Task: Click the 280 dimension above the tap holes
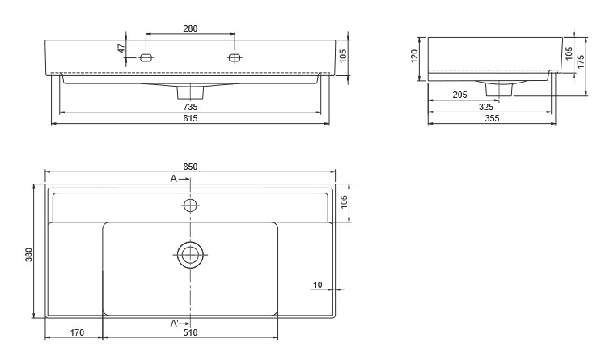click(x=190, y=28)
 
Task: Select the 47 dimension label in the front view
click(x=121, y=49)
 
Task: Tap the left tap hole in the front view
click(x=146, y=58)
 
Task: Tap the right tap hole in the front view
click(x=234, y=58)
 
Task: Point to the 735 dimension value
click(x=190, y=107)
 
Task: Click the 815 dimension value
click(x=190, y=118)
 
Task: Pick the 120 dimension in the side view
click(x=415, y=56)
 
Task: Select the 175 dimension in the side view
click(x=581, y=61)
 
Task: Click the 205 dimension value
click(x=459, y=95)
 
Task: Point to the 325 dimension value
click(x=486, y=107)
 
